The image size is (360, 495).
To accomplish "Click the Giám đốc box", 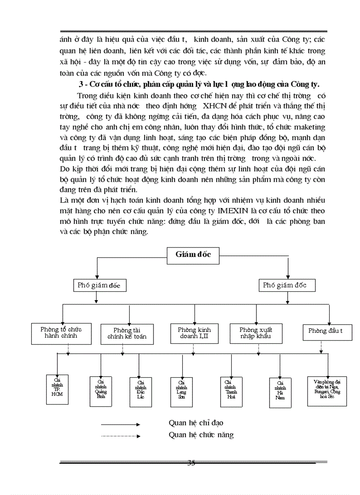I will pyautogui.click(x=193, y=254).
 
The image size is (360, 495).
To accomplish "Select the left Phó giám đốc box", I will pyautogui.click(x=99, y=285).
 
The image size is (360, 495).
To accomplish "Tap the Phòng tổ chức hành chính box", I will pyautogui.click(x=61, y=333).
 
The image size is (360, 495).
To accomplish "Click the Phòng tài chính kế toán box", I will pyautogui.click(x=127, y=335).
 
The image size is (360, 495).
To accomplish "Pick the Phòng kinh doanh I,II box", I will pyautogui.click(x=194, y=333).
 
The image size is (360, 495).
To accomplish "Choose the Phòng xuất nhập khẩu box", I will pyautogui.click(x=255, y=333).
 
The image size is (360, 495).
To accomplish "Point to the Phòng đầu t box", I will pyautogui.click(x=327, y=331).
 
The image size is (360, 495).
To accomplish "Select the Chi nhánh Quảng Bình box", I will pyautogui.click(x=101, y=388).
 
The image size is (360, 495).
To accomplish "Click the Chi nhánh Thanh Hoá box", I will pyautogui.click(x=231, y=388).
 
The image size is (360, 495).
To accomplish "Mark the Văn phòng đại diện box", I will pyautogui.click(x=326, y=387).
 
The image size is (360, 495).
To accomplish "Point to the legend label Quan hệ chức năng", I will pyautogui.click(x=201, y=435).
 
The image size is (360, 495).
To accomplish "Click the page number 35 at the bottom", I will pyautogui.click(x=191, y=462).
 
